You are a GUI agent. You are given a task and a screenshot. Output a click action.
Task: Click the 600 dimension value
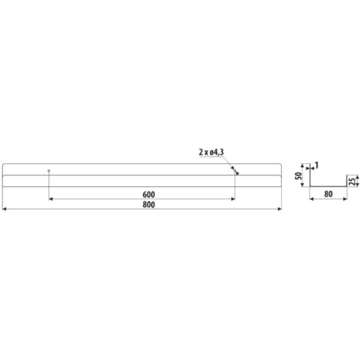pyautogui.click(x=149, y=195)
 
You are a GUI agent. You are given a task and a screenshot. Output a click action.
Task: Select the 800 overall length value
pyautogui.click(x=149, y=205)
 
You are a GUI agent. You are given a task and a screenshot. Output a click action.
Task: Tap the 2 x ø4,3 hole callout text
pyautogui.click(x=211, y=152)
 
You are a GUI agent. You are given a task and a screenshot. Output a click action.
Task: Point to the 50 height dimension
pyautogui.click(x=298, y=175)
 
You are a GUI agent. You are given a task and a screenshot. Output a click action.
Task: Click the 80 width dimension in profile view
pyautogui.click(x=329, y=195)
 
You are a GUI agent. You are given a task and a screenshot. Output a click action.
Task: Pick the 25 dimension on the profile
pyautogui.click(x=352, y=182)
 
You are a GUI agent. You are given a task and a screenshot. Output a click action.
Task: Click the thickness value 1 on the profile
pyautogui.click(x=316, y=165)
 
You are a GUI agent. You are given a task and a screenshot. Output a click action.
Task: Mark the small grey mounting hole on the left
pyautogui.click(x=49, y=170)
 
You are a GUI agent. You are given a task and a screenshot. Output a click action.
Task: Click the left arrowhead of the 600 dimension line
pyautogui.click(x=51, y=199)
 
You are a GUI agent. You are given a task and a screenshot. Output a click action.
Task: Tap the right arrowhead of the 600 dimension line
pyautogui.click(x=233, y=199)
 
